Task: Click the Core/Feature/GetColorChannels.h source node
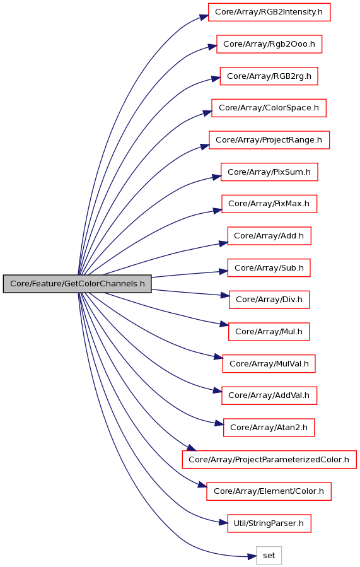[x=78, y=284]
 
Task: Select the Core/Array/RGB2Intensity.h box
[x=269, y=12]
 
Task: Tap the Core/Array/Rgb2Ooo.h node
[x=269, y=44]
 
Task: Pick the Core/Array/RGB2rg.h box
[x=269, y=76]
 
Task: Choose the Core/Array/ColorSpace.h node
[x=269, y=108]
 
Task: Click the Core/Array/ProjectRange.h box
[x=269, y=140]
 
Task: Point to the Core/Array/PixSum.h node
[x=269, y=172]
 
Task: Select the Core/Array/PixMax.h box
[x=269, y=204]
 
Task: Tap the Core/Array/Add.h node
[x=269, y=236]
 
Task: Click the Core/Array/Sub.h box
[x=269, y=268]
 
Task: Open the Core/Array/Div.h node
[x=269, y=300]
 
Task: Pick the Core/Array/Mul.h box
[x=269, y=332]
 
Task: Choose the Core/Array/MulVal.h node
[x=269, y=364]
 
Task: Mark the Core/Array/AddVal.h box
[x=269, y=395]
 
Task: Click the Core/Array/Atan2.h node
[x=269, y=428]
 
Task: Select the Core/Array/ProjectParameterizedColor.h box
[x=269, y=460]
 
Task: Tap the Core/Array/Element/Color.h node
[x=269, y=491]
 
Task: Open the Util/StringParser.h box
[x=269, y=523]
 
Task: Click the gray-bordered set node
[x=269, y=556]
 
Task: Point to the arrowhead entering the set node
[x=252, y=557]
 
